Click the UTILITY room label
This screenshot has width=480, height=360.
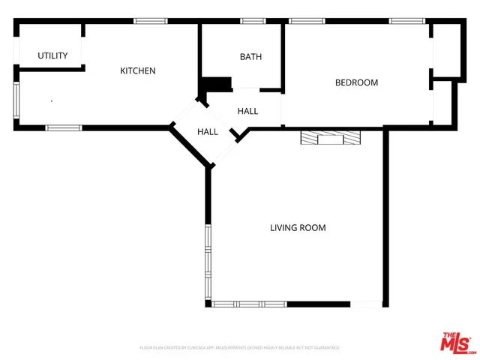[x=52, y=55]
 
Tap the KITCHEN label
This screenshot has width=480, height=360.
[x=138, y=71]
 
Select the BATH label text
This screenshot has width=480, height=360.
[x=250, y=57]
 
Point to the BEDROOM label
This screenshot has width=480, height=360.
[x=356, y=82]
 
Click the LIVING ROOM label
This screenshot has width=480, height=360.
[x=298, y=227]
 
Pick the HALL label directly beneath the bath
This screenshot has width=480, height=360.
[x=247, y=111]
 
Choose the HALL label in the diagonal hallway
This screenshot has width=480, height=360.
[x=208, y=132]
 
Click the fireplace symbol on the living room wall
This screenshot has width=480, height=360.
[x=330, y=137]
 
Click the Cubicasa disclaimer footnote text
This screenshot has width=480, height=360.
[x=240, y=348]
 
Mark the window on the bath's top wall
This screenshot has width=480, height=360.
[x=253, y=21]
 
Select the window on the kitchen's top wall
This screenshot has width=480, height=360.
[x=151, y=21]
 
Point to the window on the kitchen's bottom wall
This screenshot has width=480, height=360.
[x=64, y=127]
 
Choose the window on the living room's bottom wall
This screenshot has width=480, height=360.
[x=250, y=304]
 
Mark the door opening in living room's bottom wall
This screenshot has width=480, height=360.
[x=367, y=304]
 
